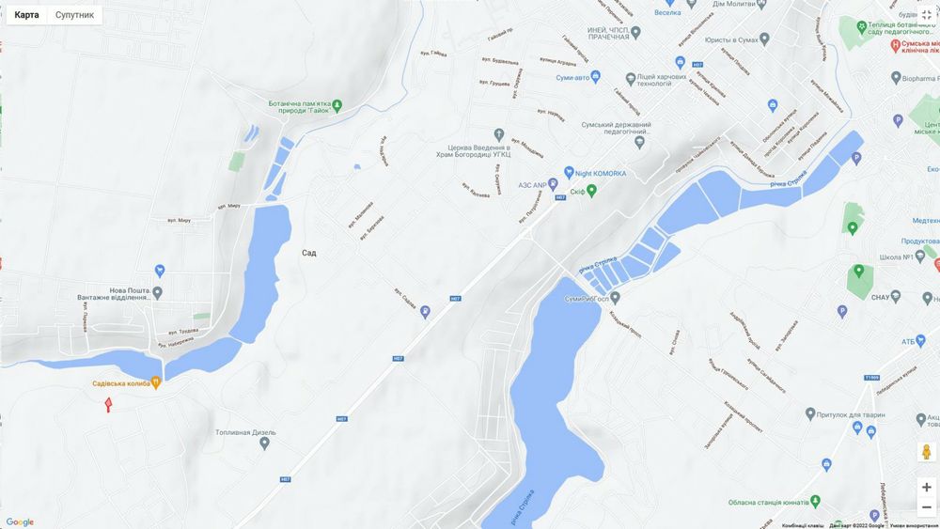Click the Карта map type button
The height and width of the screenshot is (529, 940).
pyautogui.click(x=26, y=15)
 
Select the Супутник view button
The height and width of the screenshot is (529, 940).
pyautogui.click(x=74, y=15)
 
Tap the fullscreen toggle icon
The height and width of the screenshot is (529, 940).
pyautogui.click(x=926, y=14)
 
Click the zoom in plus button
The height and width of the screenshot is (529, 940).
pyautogui.click(x=926, y=487)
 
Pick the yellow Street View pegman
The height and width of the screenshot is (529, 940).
pyautogui.click(x=926, y=452)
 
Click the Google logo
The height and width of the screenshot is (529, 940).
pyautogui.click(x=20, y=522)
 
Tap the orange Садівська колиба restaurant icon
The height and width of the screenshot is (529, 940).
pyautogui.click(x=156, y=383)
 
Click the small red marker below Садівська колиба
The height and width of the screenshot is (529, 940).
pyautogui.click(x=108, y=404)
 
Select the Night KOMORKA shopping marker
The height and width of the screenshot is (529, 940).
pyautogui.click(x=568, y=172)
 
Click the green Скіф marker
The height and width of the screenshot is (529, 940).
pyautogui.click(x=591, y=191)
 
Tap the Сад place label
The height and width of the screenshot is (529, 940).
pyautogui.click(x=309, y=253)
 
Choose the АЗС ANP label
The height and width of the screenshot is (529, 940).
pyautogui.click(x=531, y=185)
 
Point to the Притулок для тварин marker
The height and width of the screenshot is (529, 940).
pyautogui.click(x=810, y=413)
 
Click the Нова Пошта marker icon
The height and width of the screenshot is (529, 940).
pyautogui.click(x=160, y=272)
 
